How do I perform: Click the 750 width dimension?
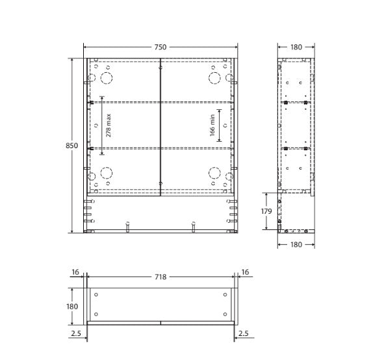tap(160, 47)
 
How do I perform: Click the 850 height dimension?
tap(71, 146)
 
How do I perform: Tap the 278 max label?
tap(109, 125)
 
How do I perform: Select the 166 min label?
tap(212, 125)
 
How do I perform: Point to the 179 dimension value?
tap(266, 211)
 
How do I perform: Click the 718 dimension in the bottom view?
tap(160, 277)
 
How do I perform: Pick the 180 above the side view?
tap(296, 47)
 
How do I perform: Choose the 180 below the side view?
tap(296, 244)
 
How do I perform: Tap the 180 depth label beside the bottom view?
tap(72, 306)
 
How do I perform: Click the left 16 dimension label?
tap(75, 272)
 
